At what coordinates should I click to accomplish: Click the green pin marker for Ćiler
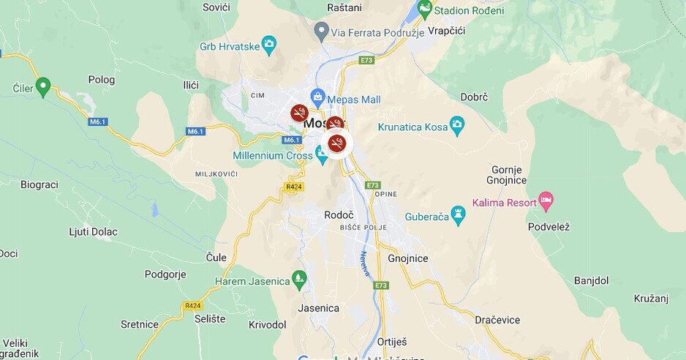43,87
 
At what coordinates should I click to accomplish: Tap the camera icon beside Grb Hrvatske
269,46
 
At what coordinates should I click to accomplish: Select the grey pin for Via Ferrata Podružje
320,31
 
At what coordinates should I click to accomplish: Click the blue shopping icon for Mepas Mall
318,97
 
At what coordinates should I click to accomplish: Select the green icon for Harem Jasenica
298,278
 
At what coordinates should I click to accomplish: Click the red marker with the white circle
336,142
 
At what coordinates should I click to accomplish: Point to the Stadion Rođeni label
468,10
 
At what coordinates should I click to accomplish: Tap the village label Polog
102,80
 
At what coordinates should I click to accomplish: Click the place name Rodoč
339,215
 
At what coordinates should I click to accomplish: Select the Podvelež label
549,227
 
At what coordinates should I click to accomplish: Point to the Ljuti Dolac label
93,232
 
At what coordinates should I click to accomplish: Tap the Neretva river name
363,264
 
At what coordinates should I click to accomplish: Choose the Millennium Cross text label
273,155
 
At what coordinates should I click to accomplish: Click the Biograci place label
39,184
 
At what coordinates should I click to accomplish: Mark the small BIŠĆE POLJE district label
363,228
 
